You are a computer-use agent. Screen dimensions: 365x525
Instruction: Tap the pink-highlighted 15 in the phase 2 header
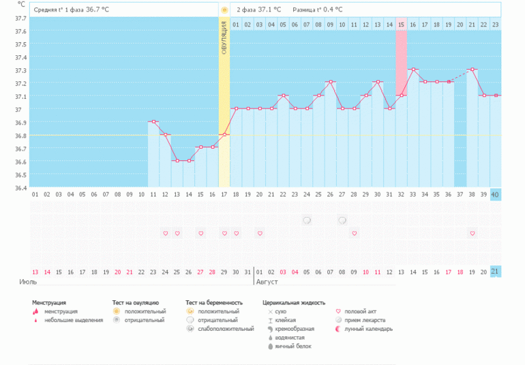point(402,25)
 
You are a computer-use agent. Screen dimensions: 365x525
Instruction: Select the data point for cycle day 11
point(153,121)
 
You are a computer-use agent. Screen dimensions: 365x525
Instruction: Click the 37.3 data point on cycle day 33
point(413,70)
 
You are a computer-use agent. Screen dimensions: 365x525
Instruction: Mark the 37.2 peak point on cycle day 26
point(331,83)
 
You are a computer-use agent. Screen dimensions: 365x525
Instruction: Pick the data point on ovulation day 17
point(224,134)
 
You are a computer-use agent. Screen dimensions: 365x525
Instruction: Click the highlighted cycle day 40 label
point(495,194)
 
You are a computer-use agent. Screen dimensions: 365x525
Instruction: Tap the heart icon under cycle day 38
point(472,233)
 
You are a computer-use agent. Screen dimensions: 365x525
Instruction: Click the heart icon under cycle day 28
point(354,233)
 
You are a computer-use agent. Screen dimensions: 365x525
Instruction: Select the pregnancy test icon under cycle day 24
point(307,220)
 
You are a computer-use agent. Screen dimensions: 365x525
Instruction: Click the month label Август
point(266,280)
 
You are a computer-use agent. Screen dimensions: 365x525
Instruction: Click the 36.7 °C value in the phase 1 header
point(97,10)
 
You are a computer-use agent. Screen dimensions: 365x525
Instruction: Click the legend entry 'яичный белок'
point(293,347)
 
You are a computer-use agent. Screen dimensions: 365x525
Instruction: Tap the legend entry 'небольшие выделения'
point(74,320)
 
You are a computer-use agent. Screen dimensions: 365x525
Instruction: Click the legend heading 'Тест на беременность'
point(213,302)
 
